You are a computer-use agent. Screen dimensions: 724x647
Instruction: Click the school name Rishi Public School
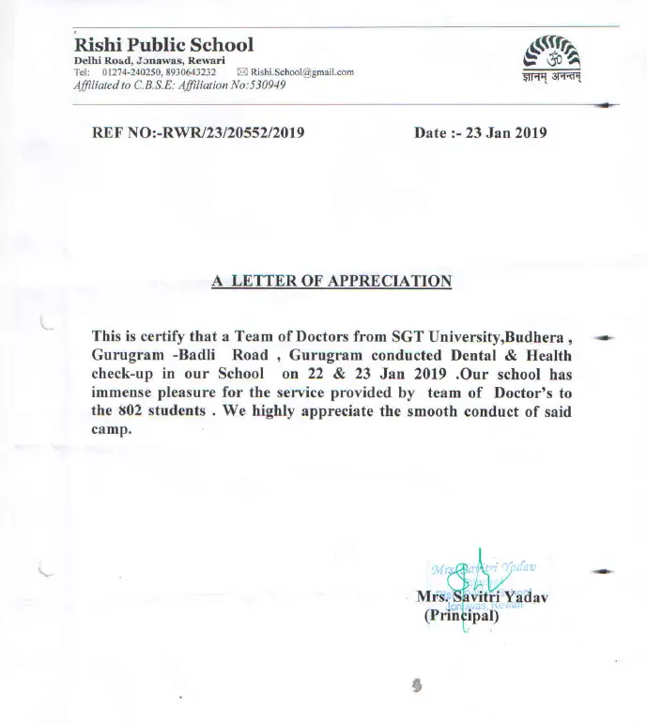(163, 44)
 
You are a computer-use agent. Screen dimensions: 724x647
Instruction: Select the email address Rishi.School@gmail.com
(301, 72)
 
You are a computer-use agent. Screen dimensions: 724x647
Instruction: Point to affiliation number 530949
(264, 85)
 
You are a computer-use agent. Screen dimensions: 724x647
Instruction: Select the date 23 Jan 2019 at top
(506, 132)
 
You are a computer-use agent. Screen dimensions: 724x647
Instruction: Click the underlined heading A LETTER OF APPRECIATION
(332, 280)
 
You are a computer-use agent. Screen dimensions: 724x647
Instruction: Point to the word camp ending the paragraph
(111, 431)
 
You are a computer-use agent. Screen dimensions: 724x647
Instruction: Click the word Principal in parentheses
(465, 616)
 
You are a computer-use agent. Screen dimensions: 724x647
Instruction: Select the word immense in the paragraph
(125, 393)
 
